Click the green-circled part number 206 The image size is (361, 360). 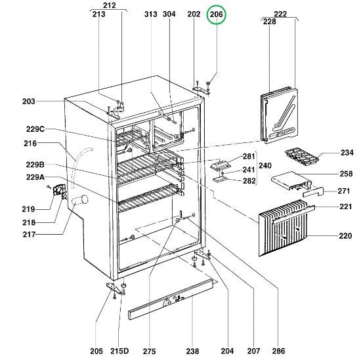point(216,14)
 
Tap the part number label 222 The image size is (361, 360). point(280,14)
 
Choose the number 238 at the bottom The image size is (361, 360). point(192,351)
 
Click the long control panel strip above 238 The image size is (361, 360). point(173,299)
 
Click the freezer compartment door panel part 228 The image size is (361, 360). point(279,117)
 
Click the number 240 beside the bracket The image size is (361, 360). point(266,166)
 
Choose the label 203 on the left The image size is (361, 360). point(28,101)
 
